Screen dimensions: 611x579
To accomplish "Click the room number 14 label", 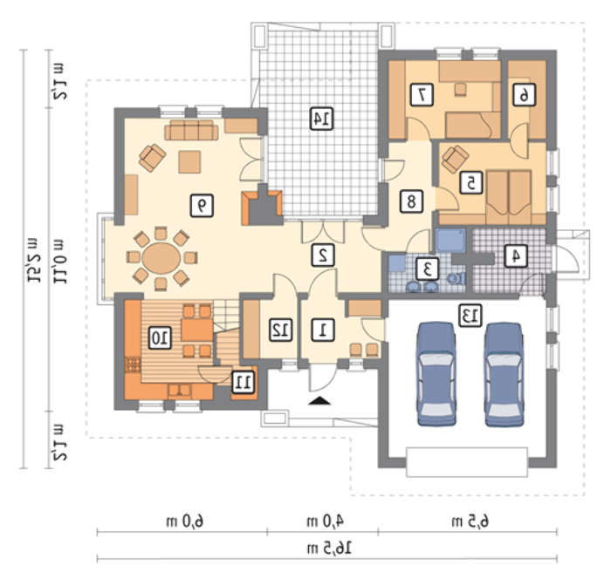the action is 321,119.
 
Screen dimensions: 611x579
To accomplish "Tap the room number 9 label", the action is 202,206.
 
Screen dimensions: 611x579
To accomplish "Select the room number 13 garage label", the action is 470,316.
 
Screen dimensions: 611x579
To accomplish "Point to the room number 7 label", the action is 422,95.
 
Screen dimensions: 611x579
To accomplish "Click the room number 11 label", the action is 244,382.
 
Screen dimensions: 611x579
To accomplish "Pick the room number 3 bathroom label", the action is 428,269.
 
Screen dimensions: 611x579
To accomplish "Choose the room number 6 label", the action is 524,95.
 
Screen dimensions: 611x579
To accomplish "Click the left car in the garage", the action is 436,374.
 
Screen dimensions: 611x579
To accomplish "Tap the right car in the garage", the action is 504,374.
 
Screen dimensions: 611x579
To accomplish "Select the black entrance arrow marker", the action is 319,400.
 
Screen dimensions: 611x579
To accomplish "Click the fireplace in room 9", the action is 262,205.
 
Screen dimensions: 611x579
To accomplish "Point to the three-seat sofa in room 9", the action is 191,130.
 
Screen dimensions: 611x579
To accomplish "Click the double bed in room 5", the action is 509,193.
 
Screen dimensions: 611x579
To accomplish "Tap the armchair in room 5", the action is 455,159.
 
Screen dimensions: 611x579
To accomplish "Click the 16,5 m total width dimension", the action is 329,549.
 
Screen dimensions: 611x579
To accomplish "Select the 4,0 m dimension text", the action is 325,521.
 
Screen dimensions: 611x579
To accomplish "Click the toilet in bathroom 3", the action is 455,278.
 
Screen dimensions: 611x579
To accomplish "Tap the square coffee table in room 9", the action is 189,162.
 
